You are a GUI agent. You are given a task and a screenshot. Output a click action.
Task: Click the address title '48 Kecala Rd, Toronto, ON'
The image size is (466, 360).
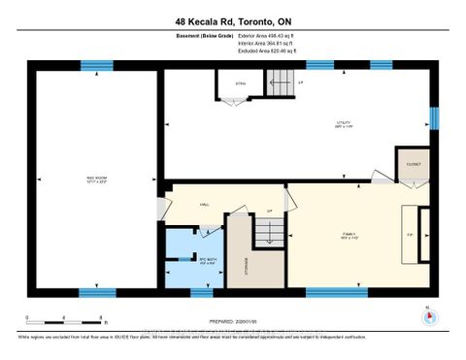coord(233,20)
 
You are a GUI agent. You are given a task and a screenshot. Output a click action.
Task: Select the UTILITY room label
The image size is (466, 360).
coord(343,123)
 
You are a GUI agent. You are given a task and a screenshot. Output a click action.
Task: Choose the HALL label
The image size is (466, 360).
coord(205,205)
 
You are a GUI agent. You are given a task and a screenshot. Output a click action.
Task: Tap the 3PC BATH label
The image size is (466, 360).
coord(205,260)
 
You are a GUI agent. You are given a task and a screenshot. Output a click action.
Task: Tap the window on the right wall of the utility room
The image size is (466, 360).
coord(434,117)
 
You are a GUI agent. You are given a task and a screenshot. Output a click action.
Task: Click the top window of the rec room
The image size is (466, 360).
coord(95,66)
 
